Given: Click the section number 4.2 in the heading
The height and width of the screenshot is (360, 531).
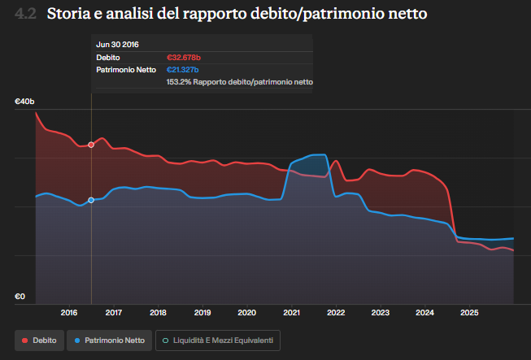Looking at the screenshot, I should pos(25,14).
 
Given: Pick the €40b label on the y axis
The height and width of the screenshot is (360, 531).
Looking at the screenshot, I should pos(24,102).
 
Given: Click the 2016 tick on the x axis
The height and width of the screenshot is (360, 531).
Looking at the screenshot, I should pos(69,312).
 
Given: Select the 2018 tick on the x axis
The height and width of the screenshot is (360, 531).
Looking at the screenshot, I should pos(158,312).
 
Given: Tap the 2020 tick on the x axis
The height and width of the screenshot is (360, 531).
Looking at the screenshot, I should pos(246,312).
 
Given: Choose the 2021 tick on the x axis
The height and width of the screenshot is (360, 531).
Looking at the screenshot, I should pos(291,312).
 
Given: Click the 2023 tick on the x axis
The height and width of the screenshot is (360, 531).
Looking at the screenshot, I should pos(380,312).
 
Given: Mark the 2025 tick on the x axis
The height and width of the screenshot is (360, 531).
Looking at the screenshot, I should pos(468,312).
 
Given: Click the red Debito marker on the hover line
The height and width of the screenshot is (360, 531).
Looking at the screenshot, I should pos(91,145).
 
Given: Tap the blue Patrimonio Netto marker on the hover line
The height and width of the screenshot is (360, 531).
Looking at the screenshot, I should pos(91,200).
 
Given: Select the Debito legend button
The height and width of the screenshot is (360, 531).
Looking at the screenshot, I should pos(40,340).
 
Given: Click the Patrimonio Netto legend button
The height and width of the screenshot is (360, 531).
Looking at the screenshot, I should pos(109,340).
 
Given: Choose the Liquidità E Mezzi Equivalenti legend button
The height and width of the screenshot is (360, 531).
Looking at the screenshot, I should pos(218,340).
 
